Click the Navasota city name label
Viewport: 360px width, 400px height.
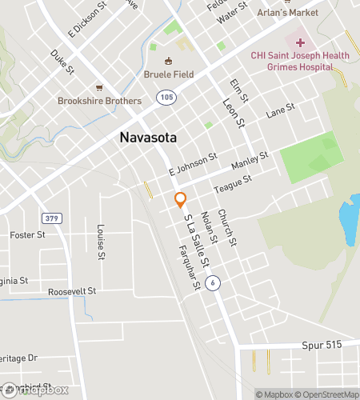tap(148, 137)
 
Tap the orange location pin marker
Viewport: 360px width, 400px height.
tap(181, 200)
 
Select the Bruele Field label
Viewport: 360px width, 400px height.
tap(169, 76)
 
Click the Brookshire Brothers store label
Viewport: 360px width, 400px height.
tap(99, 101)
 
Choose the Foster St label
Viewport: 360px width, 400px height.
tap(28, 234)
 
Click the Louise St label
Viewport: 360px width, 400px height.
tap(101, 242)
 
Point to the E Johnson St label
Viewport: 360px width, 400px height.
tap(193, 165)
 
